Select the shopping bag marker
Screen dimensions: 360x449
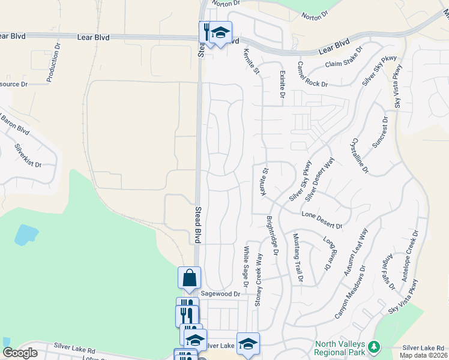189,278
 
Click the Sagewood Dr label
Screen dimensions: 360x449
220,294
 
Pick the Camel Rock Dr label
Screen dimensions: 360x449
312,75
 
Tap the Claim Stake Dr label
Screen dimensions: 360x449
344,57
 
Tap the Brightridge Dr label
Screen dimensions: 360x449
273,235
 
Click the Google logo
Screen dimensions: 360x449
20,353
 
